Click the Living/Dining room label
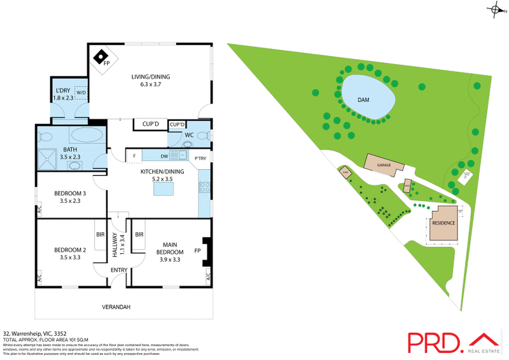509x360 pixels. click(x=151, y=81)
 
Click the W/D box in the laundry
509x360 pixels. click(x=81, y=93)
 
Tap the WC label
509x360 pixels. click(x=189, y=135)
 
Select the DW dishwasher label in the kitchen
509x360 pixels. click(x=164, y=156)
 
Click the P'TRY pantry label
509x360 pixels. click(x=200, y=158)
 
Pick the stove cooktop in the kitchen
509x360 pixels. click(x=205, y=187)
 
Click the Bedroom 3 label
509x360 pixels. click(x=71, y=197)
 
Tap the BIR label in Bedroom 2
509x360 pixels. click(x=101, y=235)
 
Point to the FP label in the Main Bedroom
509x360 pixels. click(x=197, y=251)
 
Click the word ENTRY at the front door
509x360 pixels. click(x=119, y=270)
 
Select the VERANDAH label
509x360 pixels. click(x=116, y=307)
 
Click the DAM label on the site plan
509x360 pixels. click(x=363, y=100)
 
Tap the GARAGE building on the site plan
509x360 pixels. click(x=384, y=165)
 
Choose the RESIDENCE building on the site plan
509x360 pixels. click(x=443, y=223)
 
